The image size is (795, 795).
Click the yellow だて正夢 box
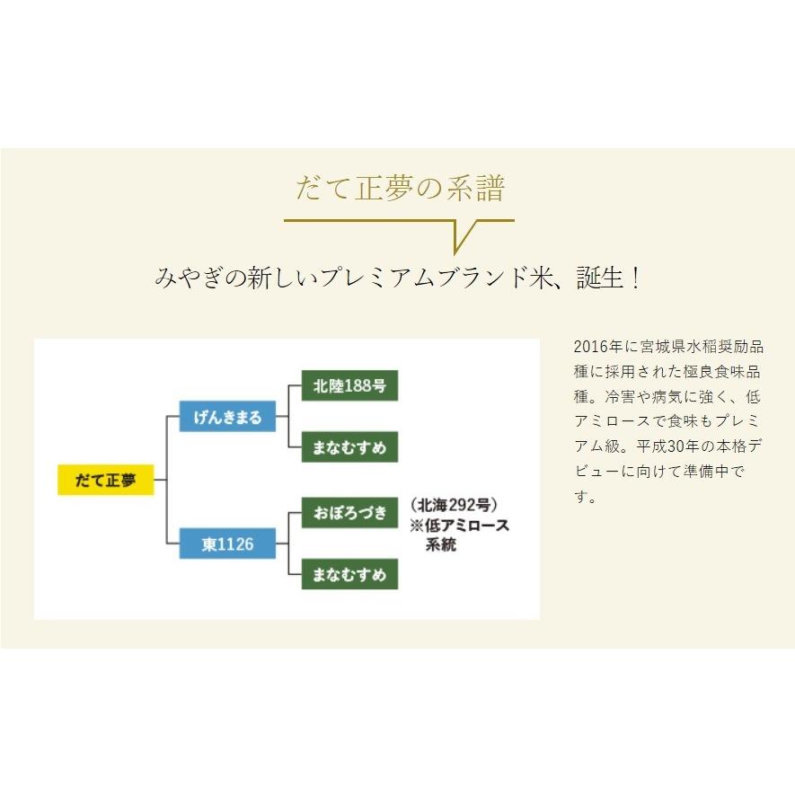point(105,481)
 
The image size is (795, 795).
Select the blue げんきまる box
point(226,417)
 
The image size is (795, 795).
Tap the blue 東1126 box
point(226,544)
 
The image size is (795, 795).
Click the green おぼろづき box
point(349,513)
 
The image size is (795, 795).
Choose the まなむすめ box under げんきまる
point(349,447)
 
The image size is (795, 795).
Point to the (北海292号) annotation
point(453,504)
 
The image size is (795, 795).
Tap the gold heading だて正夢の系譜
point(400,190)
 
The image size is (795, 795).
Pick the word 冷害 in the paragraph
point(619,397)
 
